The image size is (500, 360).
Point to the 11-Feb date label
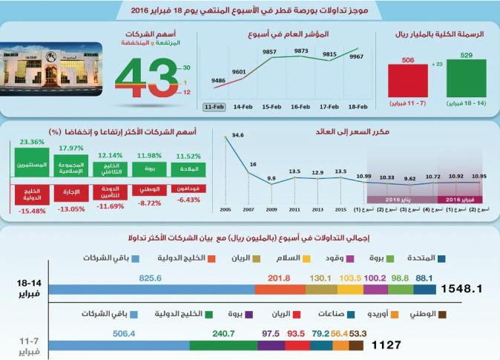pos(214,107)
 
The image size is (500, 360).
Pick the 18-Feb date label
pos(358,107)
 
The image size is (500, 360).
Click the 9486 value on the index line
pos(219,79)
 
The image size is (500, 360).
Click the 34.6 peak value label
pos(238,135)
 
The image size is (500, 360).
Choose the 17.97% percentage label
pos(71,147)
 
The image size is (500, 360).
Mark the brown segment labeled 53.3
pos(356,345)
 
